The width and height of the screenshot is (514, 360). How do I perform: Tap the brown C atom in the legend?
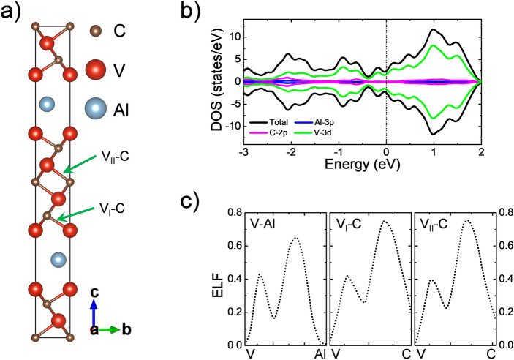click(x=94, y=31)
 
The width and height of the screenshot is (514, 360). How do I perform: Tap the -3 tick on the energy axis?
click(x=244, y=152)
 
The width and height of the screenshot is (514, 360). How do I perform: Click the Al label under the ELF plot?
click(x=320, y=354)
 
